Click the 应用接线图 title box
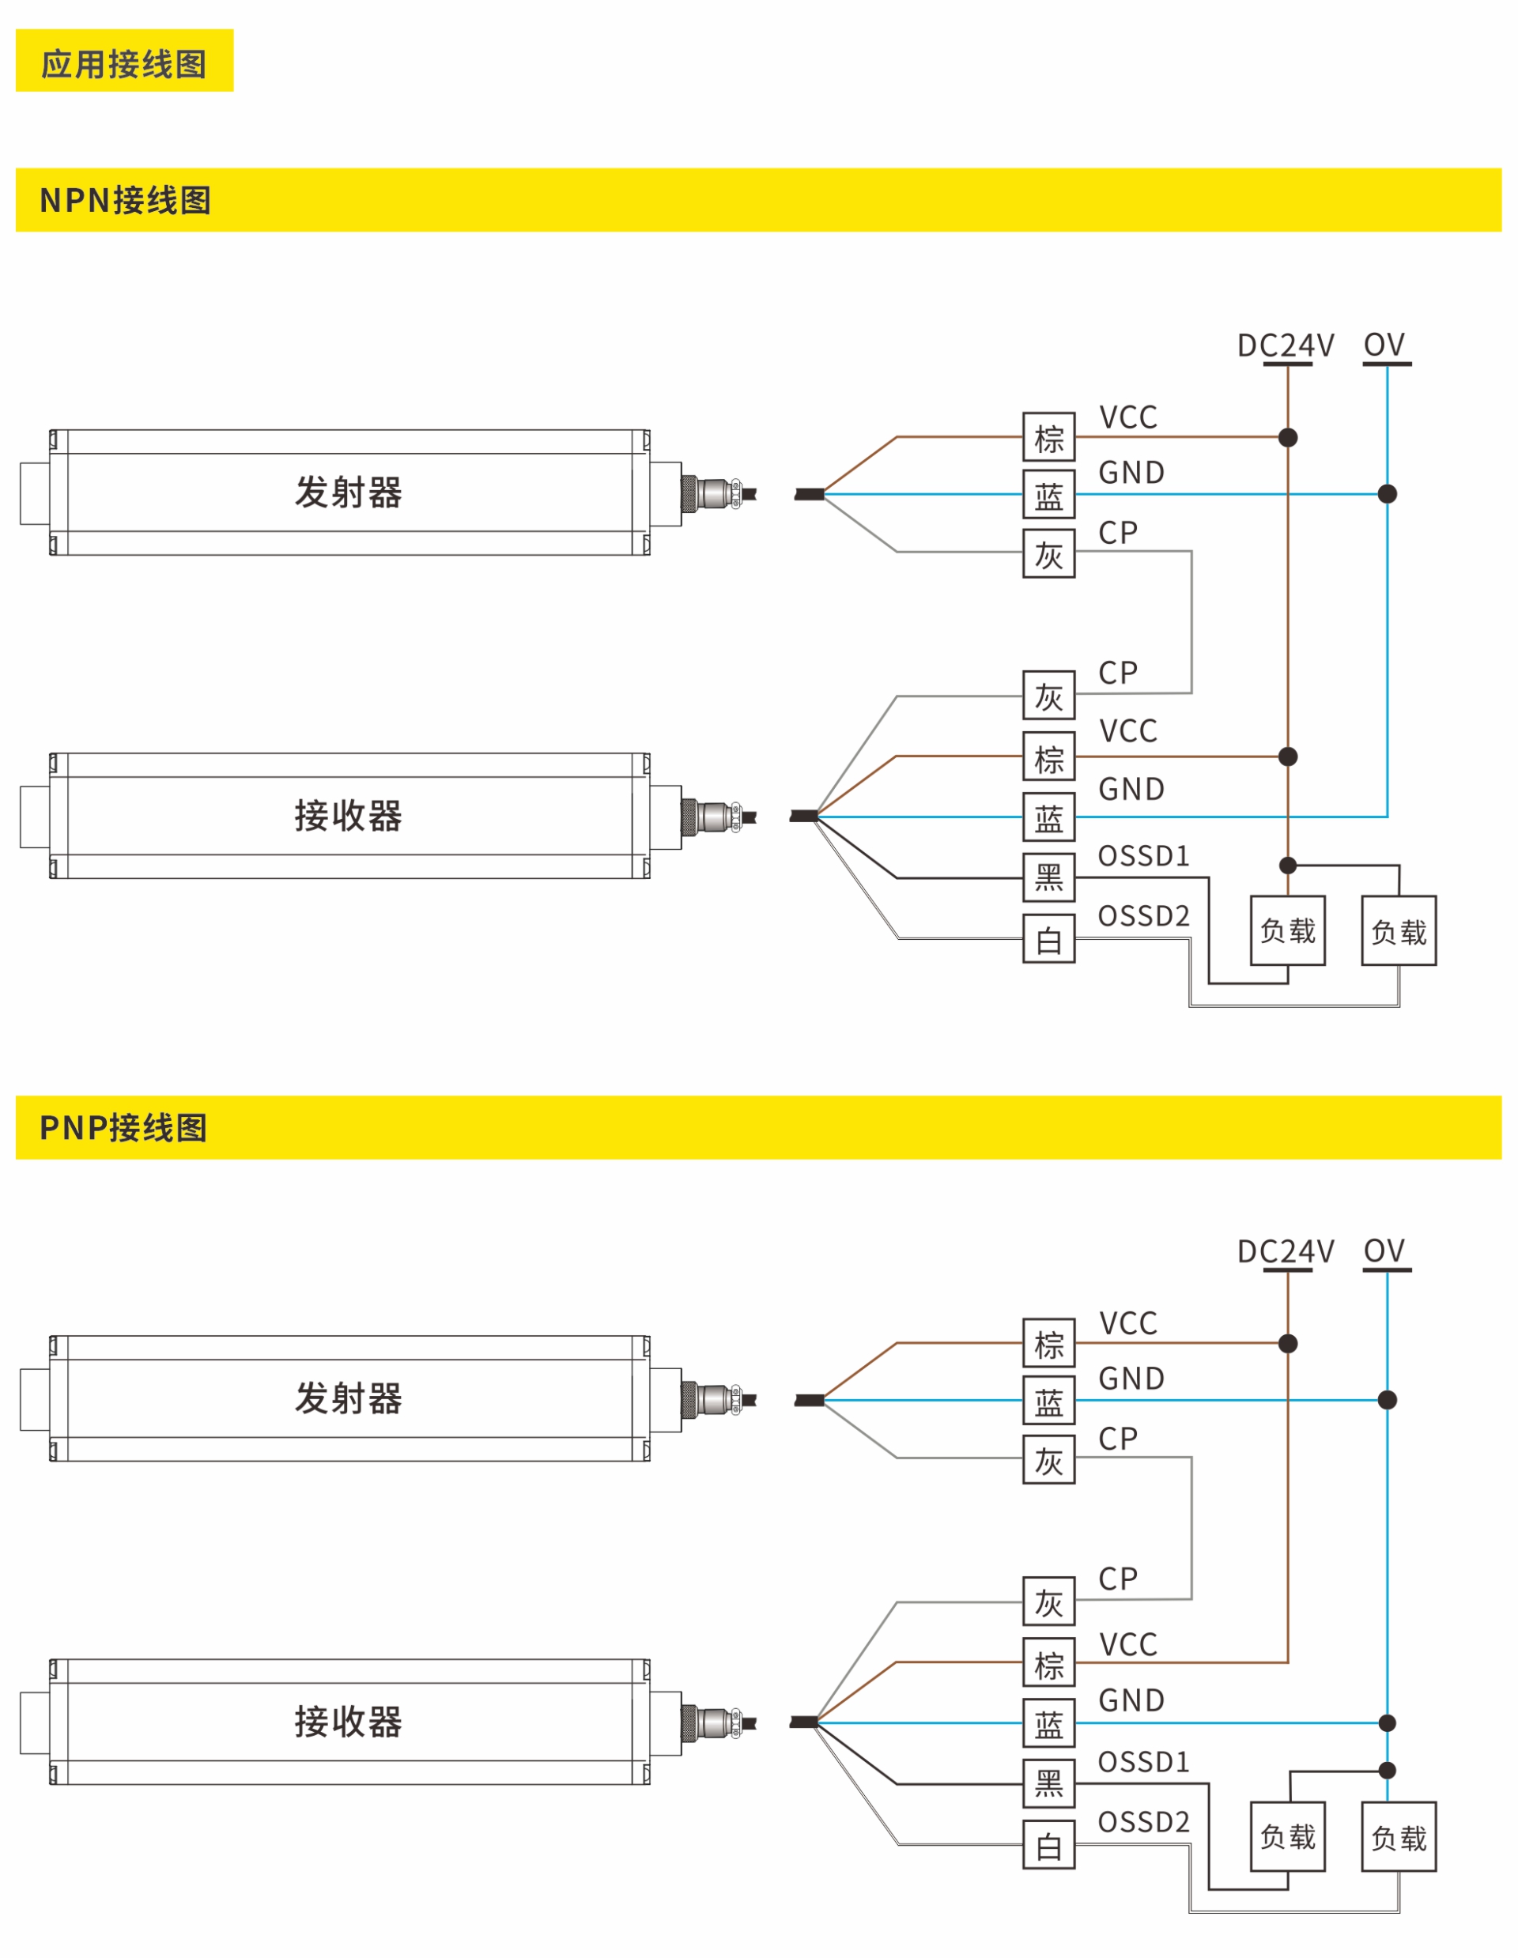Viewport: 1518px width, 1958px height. click(x=124, y=60)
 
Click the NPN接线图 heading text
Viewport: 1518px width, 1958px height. click(x=126, y=200)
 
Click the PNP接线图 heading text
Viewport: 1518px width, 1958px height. click(x=124, y=1128)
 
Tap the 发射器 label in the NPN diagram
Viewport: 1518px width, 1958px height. click(x=348, y=492)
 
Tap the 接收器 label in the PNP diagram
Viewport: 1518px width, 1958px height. click(x=348, y=1722)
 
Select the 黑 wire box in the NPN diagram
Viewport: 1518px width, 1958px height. click(x=1048, y=877)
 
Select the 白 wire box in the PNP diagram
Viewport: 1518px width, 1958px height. click(x=1048, y=1844)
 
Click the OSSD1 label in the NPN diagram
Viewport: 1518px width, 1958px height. click(x=1143, y=855)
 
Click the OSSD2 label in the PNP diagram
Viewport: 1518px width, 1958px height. click(x=1143, y=1822)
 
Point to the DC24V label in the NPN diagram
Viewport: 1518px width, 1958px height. click(x=1285, y=345)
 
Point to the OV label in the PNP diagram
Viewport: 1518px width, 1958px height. click(x=1384, y=1251)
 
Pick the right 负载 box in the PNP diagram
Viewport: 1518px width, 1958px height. click(x=1398, y=1836)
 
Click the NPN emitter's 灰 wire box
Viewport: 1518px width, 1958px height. click(x=1048, y=553)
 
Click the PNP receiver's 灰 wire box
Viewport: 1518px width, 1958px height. click(x=1048, y=1601)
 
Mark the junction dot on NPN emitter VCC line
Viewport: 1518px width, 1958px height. click(x=1288, y=437)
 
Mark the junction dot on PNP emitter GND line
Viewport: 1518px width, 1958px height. click(x=1387, y=1399)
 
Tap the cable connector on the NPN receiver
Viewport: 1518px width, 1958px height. click(x=713, y=817)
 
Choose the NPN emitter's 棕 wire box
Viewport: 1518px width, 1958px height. click(x=1048, y=436)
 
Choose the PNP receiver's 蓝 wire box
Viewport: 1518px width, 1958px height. click(x=1048, y=1722)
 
